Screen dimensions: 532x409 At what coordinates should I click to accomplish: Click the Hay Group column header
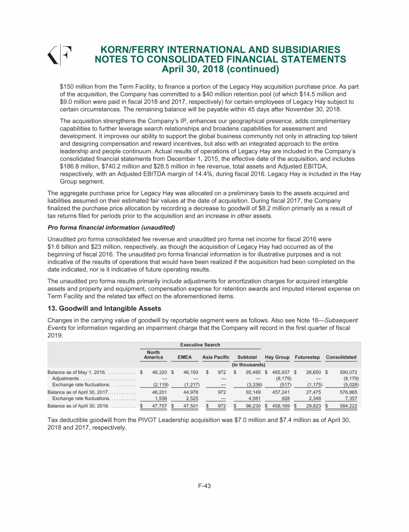(x=276, y=356)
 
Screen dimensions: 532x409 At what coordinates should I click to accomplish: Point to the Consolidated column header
(x=341, y=356)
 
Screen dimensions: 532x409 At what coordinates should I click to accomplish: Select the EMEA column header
(x=185, y=356)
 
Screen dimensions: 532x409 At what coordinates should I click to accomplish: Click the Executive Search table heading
(x=200, y=345)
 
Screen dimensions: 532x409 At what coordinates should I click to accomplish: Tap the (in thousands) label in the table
(x=249, y=364)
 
